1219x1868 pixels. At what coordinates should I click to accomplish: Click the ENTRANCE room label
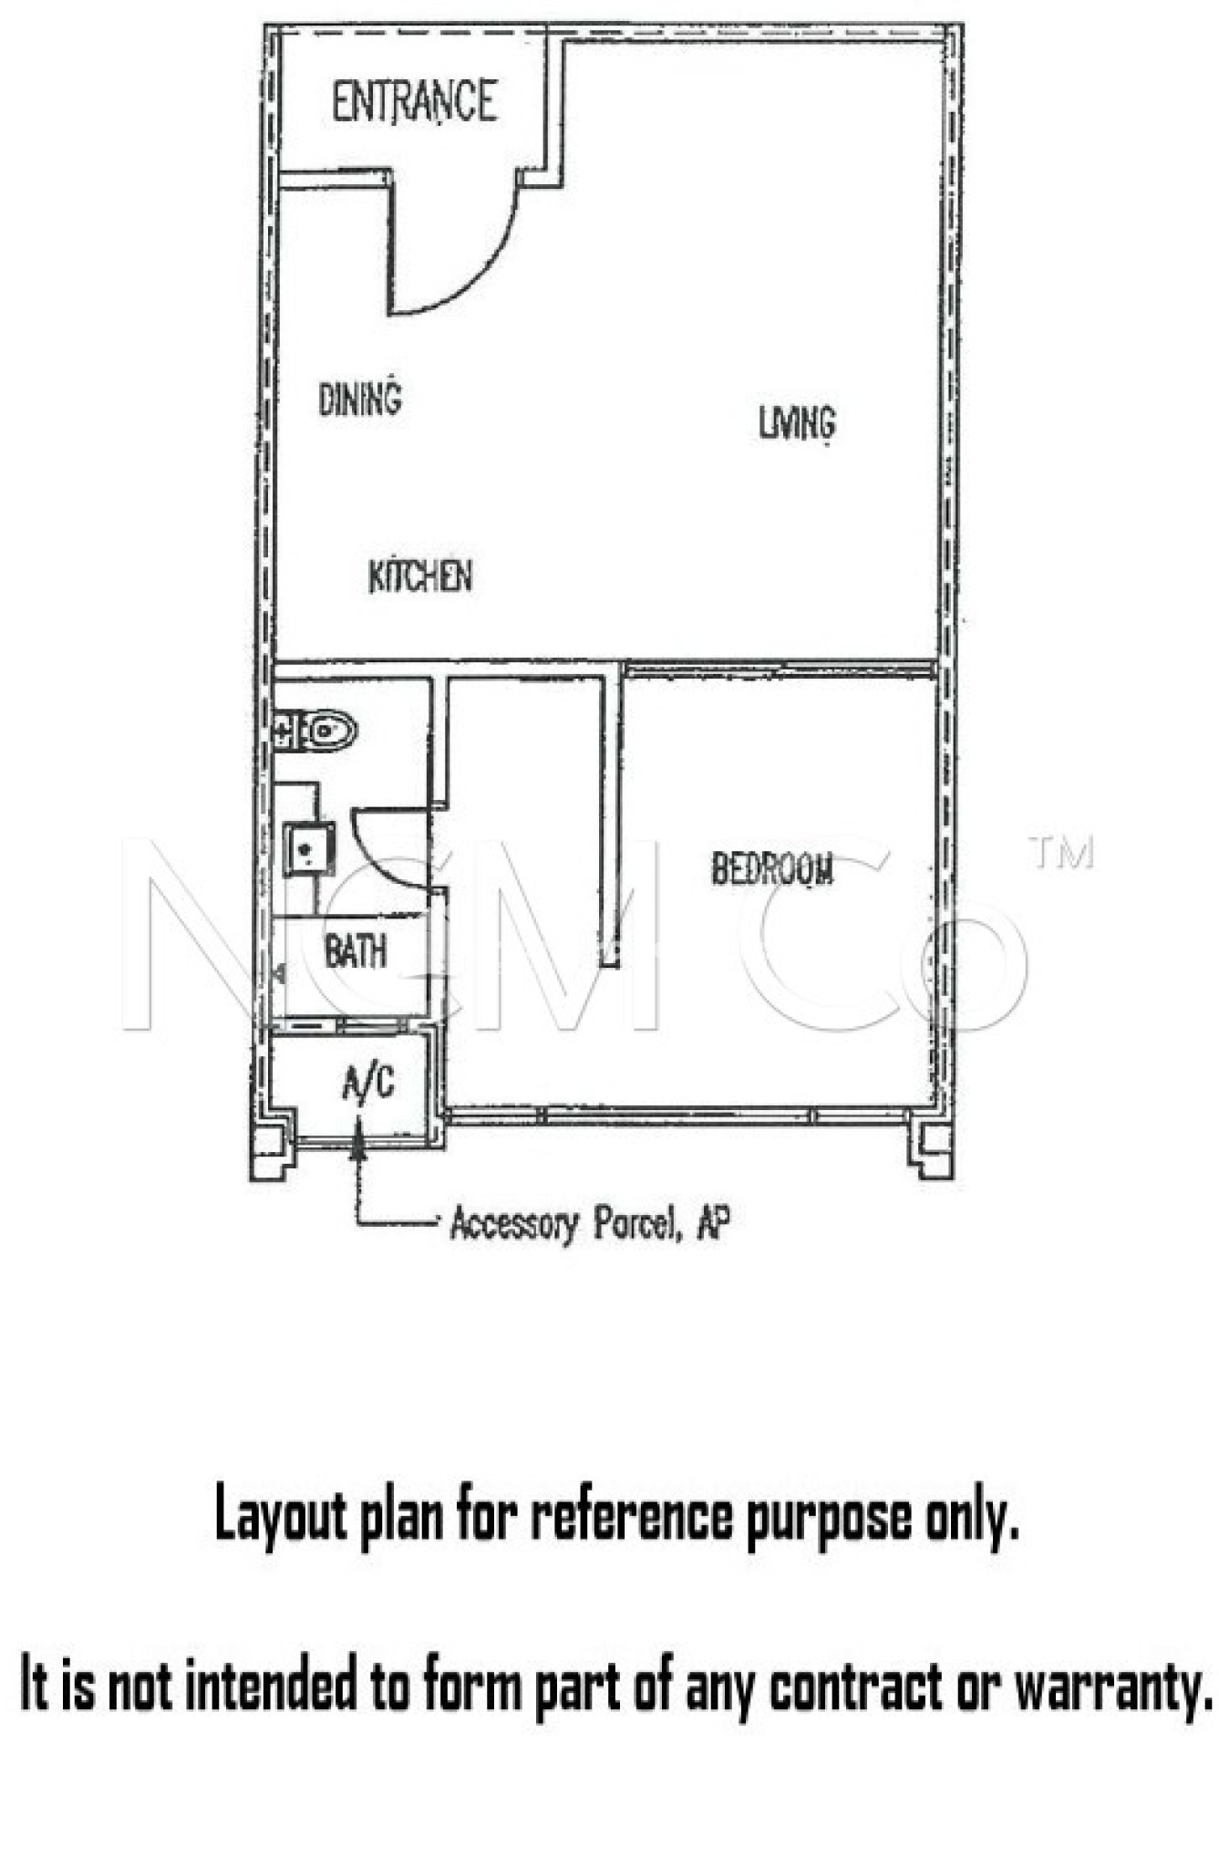point(414,101)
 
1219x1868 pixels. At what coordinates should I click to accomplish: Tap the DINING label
point(360,399)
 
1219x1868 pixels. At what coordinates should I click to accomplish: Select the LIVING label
point(797,422)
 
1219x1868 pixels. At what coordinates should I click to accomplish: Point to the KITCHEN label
point(420,576)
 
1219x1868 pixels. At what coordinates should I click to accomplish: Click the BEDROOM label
point(772,868)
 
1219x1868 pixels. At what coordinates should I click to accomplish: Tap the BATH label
point(356,951)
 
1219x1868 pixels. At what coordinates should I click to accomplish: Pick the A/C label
point(369,1084)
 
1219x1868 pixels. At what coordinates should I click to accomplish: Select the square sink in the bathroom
point(308,849)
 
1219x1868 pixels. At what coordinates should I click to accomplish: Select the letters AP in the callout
point(713,1222)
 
